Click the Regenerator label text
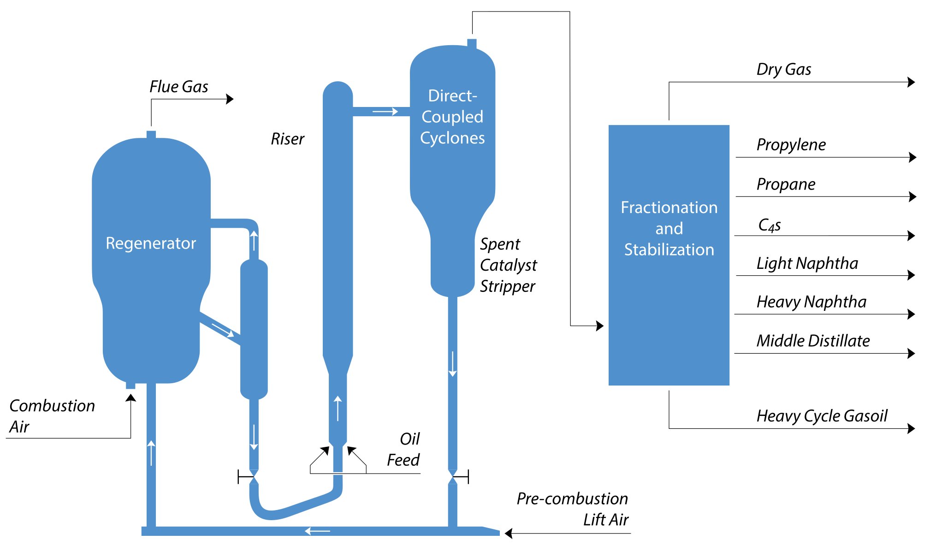click(151, 243)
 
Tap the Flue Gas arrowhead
click(230, 99)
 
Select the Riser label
click(287, 139)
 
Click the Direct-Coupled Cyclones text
click(452, 117)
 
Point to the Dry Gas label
click(783, 69)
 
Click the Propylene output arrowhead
click(912, 157)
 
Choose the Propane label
click(786, 184)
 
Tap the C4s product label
click(769, 225)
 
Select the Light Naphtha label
click(807, 263)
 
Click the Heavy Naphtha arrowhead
click(911, 314)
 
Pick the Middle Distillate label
click(813, 340)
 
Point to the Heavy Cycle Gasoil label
click(822, 415)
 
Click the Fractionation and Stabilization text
click(669, 228)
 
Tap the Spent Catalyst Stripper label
click(508, 265)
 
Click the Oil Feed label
click(404, 449)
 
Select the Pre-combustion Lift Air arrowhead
click(509, 533)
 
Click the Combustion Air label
click(51, 416)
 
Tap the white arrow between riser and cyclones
click(385, 112)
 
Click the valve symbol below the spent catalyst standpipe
click(453, 477)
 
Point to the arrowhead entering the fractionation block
click(600, 326)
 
